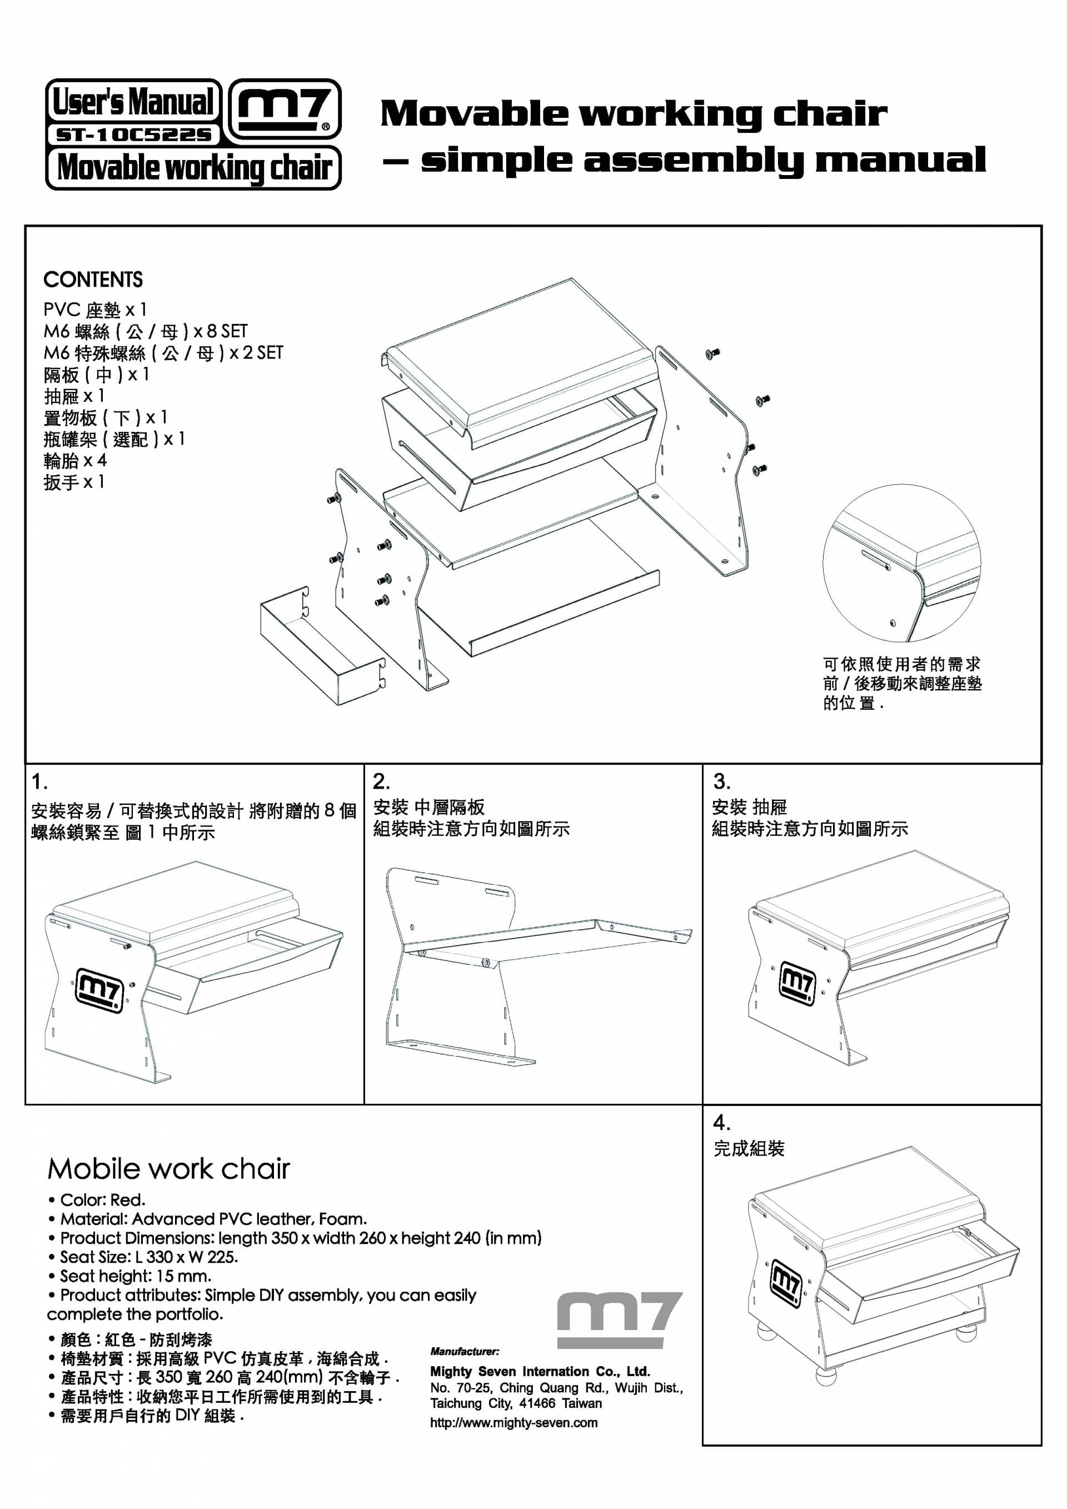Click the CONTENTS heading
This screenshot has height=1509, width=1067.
point(93,280)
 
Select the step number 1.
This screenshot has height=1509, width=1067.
point(39,781)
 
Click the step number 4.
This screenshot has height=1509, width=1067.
point(721,1122)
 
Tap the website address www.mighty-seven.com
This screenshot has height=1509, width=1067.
point(514,1423)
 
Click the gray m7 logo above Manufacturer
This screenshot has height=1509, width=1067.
point(620,1319)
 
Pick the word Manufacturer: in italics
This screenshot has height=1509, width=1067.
point(465,1351)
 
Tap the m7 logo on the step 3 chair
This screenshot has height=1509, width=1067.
point(797,984)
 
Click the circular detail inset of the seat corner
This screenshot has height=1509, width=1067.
point(901,563)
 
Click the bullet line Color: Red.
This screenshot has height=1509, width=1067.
point(97,1200)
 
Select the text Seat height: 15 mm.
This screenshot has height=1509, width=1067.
point(130,1276)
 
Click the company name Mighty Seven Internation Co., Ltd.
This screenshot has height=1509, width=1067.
point(540,1372)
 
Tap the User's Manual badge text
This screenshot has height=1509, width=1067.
point(133,101)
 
